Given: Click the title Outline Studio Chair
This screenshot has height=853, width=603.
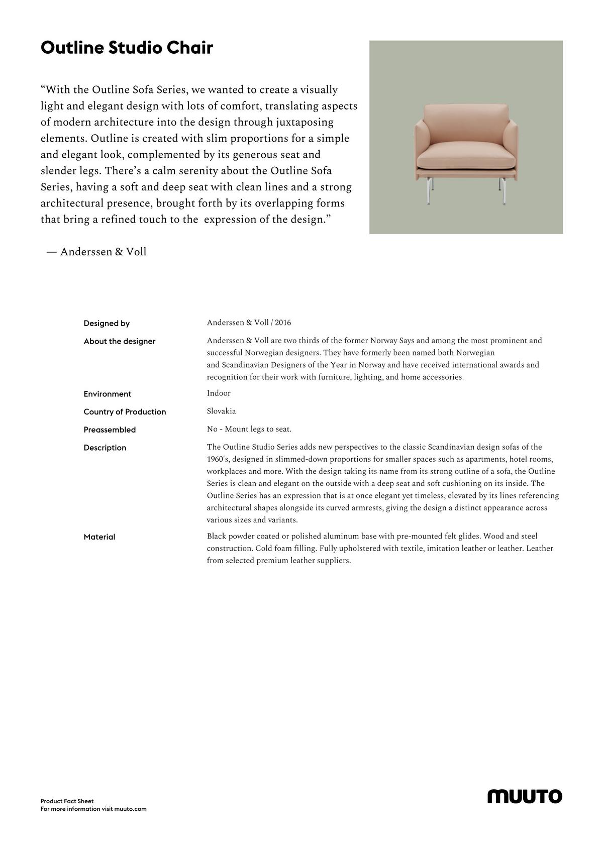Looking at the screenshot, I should pos(127,48).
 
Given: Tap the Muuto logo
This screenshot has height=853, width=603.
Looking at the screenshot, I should pos(525,796).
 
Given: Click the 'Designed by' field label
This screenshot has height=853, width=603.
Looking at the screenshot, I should pos(107,324).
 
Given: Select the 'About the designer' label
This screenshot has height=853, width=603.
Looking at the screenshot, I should pos(120,342).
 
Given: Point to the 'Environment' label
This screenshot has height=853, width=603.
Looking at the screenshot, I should pos(108,394).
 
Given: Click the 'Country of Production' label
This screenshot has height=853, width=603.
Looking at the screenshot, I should pos(125,412).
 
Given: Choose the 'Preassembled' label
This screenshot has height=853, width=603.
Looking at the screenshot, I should pos(110,430).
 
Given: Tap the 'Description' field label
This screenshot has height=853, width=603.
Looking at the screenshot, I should pos(105,448).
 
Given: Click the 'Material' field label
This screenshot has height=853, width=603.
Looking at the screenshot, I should pos(99,537).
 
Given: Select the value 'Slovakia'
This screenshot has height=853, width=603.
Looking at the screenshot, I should pos(221,411).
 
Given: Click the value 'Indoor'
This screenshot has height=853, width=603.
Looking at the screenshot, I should pos(219,393).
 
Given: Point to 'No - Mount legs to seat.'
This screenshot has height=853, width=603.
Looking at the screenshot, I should pos(249,430).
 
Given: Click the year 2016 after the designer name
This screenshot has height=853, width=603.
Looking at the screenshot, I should pos(283,323).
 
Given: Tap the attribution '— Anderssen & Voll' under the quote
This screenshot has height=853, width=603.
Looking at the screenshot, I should pos(96,252).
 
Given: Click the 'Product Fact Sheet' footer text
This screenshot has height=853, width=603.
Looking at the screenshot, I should pos(67,801).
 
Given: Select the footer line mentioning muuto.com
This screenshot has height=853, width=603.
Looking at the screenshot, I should pos(93,809).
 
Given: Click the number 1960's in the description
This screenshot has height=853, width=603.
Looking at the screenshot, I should pos(218,460).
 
